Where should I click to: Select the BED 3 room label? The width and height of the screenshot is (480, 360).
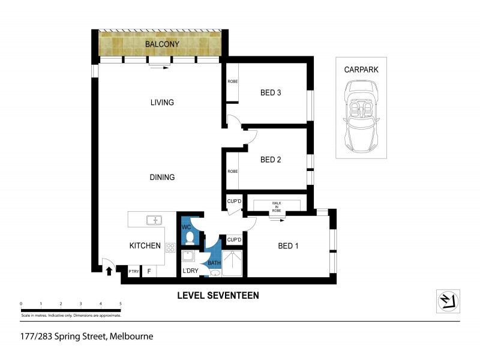pyautogui.click(x=271, y=92)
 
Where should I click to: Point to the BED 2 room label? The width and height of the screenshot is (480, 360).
pyautogui.click(x=271, y=160)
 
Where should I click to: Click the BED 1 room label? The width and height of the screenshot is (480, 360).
pyautogui.click(x=289, y=246)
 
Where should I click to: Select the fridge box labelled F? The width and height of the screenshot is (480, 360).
pyautogui.click(x=148, y=272)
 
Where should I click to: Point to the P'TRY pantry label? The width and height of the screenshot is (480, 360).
pyautogui.click(x=133, y=272)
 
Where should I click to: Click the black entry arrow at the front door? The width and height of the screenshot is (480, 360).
pyautogui.click(x=109, y=271)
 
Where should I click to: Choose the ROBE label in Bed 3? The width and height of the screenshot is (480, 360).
pyautogui.click(x=232, y=82)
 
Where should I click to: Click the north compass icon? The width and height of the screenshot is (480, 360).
pyautogui.click(x=447, y=301)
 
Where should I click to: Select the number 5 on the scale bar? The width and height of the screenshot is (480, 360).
pyautogui.click(x=121, y=304)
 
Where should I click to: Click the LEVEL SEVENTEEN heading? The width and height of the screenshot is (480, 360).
pyautogui.click(x=217, y=295)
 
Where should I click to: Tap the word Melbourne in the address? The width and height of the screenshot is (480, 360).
pyautogui.click(x=131, y=337)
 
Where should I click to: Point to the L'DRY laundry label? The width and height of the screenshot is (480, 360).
pyautogui.click(x=190, y=271)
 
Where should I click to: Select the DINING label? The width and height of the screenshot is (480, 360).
pyautogui.click(x=162, y=177)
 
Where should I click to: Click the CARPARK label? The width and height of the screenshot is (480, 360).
pyautogui.click(x=361, y=70)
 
